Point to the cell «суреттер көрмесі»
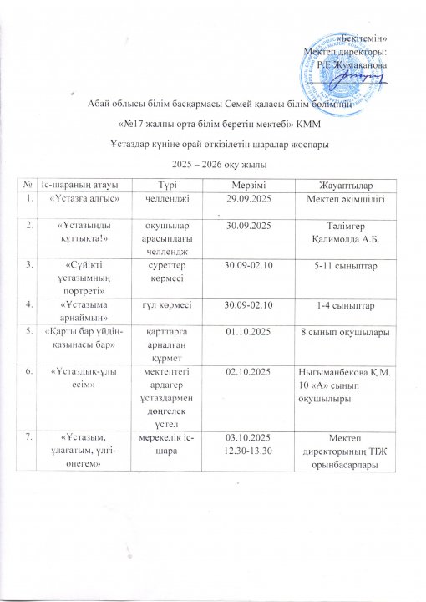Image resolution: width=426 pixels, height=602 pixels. pos(167,271)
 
